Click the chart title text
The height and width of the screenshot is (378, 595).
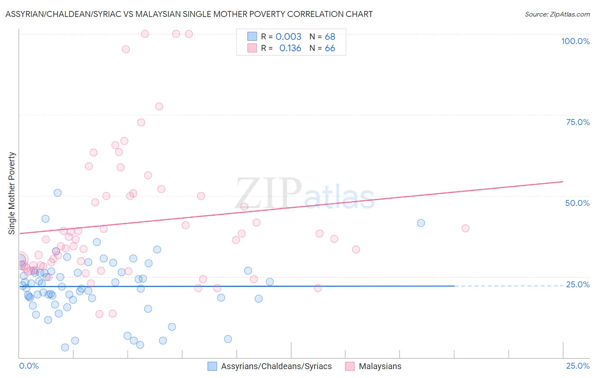click(189, 14)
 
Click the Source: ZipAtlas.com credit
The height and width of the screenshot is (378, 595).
click(557, 14)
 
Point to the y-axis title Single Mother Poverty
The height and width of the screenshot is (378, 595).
click(12, 193)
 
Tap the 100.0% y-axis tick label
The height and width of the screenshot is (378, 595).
click(575, 41)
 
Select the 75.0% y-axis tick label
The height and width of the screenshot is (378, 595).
click(578, 122)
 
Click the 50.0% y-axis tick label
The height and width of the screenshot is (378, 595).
click(577, 203)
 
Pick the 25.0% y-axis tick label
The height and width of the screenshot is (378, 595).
click(578, 284)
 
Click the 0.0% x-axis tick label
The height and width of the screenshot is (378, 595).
click(29, 366)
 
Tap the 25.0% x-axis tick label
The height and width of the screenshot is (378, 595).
click(578, 366)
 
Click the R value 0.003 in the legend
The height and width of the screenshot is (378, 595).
click(288, 37)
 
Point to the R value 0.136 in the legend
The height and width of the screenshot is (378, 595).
click(290, 48)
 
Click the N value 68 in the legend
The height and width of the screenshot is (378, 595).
click(330, 37)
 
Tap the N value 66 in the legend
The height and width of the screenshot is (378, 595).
click(330, 48)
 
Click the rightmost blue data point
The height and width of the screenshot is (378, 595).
click(421, 223)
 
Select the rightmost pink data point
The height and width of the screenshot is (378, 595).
click(465, 228)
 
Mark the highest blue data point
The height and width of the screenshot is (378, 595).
click(58, 193)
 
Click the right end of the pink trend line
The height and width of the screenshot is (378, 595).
click(563, 182)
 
